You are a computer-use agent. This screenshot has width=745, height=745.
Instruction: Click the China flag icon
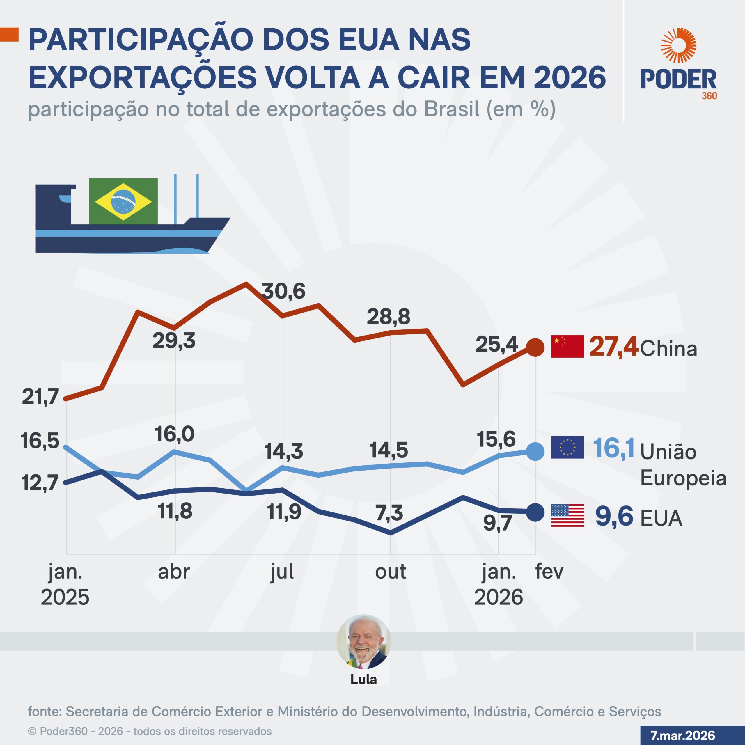(567, 346)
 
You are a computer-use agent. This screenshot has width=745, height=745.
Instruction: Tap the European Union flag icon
(567, 447)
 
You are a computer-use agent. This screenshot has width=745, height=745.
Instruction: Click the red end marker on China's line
(535, 347)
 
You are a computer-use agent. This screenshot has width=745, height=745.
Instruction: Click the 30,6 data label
(283, 291)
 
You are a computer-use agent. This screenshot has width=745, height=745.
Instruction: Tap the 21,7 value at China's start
(40, 396)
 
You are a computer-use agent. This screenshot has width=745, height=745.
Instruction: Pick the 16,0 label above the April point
(174, 434)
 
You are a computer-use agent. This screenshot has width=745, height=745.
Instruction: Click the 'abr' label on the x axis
(174, 572)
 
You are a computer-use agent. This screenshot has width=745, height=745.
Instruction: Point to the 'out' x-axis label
(390, 572)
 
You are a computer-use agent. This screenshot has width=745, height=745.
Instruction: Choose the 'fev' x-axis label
(549, 572)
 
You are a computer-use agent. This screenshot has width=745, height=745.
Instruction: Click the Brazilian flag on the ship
(123, 201)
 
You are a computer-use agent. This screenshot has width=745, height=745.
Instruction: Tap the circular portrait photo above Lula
(364, 641)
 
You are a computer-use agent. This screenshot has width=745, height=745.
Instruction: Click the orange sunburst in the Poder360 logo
(678, 45)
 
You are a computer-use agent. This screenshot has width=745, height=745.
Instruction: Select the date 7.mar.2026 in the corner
(682, 735)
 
